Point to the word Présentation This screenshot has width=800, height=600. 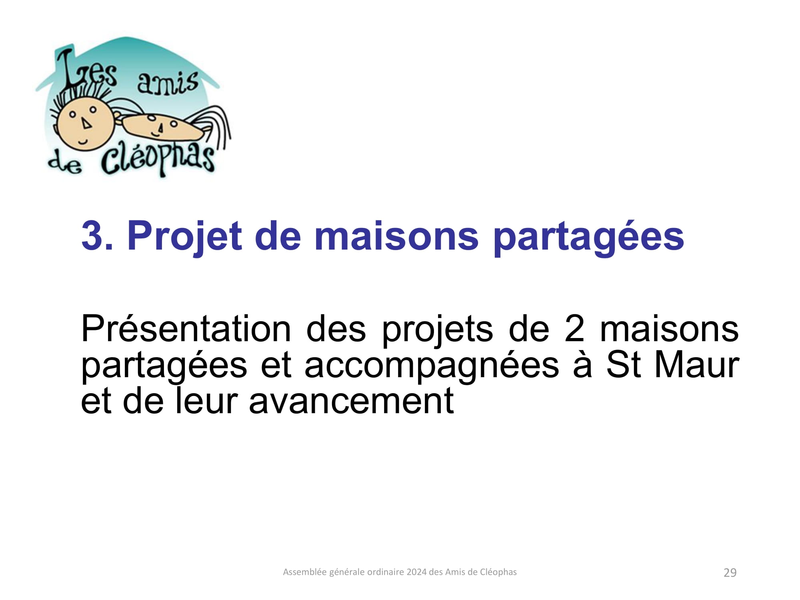coord(186,329)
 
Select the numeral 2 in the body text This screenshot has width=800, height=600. coord(574,329)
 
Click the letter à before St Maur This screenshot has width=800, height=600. coord(582,365)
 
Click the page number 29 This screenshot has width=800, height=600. coord(730,573)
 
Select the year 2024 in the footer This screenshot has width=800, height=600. coord(416,572)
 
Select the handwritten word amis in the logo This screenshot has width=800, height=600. coord(168,83)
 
